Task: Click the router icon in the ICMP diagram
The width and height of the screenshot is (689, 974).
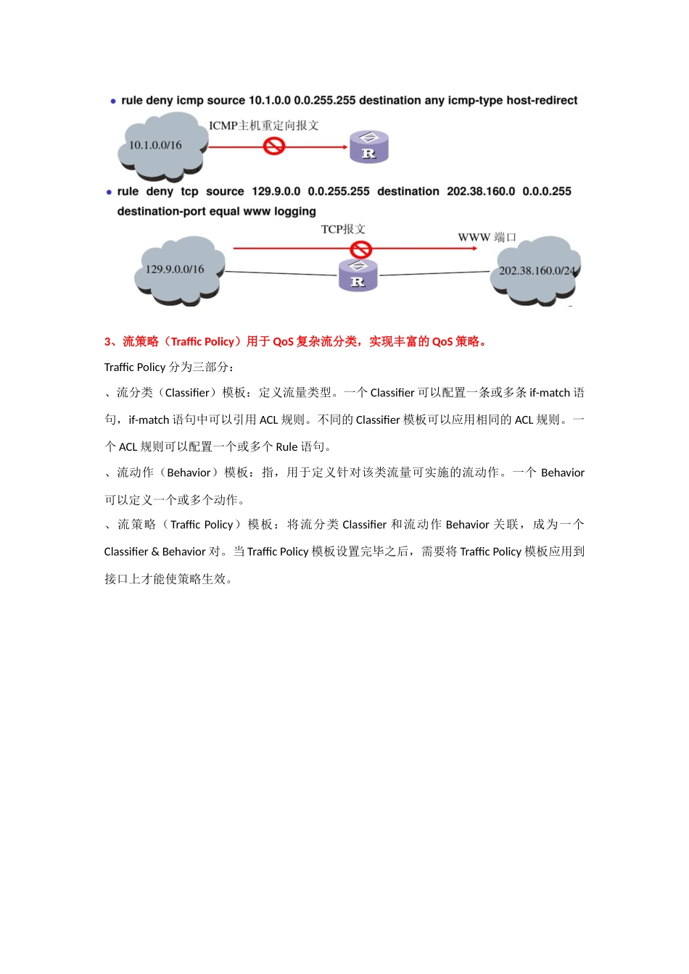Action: pos(369,147)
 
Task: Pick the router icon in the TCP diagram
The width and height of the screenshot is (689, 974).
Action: pos(358,275)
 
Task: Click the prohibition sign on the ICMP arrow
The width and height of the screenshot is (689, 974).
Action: pos(273,146)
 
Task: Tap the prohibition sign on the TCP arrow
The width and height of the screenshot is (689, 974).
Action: pos(360,249)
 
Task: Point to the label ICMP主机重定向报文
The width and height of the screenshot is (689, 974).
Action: pos(264,125)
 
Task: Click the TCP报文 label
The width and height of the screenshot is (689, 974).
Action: pos(343,229)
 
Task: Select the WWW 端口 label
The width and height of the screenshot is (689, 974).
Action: pos(487,237)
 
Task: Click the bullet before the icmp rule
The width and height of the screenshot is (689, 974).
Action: pos(113,101)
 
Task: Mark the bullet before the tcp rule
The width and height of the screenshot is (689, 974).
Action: pos(110,192)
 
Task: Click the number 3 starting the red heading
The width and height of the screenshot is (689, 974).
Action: pos(107,342)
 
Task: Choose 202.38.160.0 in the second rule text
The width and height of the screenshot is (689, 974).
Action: pos(481,191)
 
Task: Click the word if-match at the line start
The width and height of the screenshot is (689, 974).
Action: pos(149,420)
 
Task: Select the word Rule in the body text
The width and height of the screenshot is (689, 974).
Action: pos(286,447)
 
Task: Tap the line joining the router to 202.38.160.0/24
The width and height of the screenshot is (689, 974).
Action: pos(435,274)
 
